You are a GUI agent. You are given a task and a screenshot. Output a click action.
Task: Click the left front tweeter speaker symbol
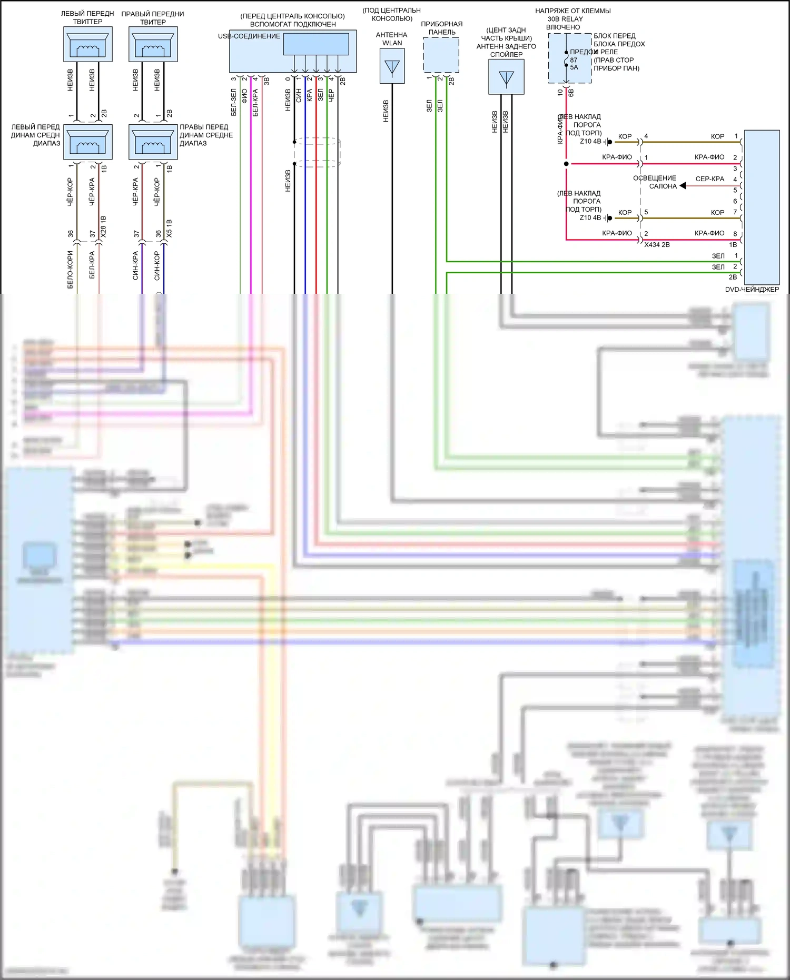point(87,44)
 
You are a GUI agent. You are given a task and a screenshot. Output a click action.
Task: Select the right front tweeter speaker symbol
point(153,44)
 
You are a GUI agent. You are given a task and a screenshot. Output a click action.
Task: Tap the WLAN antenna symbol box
point(392,66)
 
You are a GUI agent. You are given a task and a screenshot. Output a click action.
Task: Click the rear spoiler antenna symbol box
point(506,77)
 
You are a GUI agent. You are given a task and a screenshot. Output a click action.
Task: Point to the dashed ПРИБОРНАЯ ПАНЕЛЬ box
point(441,55)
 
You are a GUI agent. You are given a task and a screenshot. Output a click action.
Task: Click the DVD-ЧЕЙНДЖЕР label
point(752,289)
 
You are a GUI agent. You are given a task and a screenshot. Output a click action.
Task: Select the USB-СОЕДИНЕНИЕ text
point(249,36)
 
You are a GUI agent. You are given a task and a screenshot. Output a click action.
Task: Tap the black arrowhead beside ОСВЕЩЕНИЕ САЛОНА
point(683,185)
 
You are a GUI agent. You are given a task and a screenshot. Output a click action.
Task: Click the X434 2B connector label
point(657,245)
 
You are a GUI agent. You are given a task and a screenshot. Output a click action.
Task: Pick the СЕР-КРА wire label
point(709,179)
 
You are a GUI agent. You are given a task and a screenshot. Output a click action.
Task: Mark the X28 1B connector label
point(104,226)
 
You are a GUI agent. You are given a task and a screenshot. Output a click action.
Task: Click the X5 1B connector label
point(169,228)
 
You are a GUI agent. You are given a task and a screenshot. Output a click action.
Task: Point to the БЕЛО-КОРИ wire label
point(70,270)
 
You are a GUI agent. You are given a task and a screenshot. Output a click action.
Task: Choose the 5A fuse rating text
point(574,67)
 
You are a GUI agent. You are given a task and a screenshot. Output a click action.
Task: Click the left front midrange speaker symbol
point(87,142)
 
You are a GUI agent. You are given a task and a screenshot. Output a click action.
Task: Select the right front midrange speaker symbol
point(153,142)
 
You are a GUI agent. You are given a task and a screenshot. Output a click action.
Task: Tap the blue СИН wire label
point(299,95)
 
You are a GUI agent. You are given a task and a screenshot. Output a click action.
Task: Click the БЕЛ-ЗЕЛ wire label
point(234,102)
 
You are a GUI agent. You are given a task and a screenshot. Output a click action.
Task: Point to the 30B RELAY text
point(565,19)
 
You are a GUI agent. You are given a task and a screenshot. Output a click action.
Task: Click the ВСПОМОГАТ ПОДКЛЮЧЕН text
point(293,24)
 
